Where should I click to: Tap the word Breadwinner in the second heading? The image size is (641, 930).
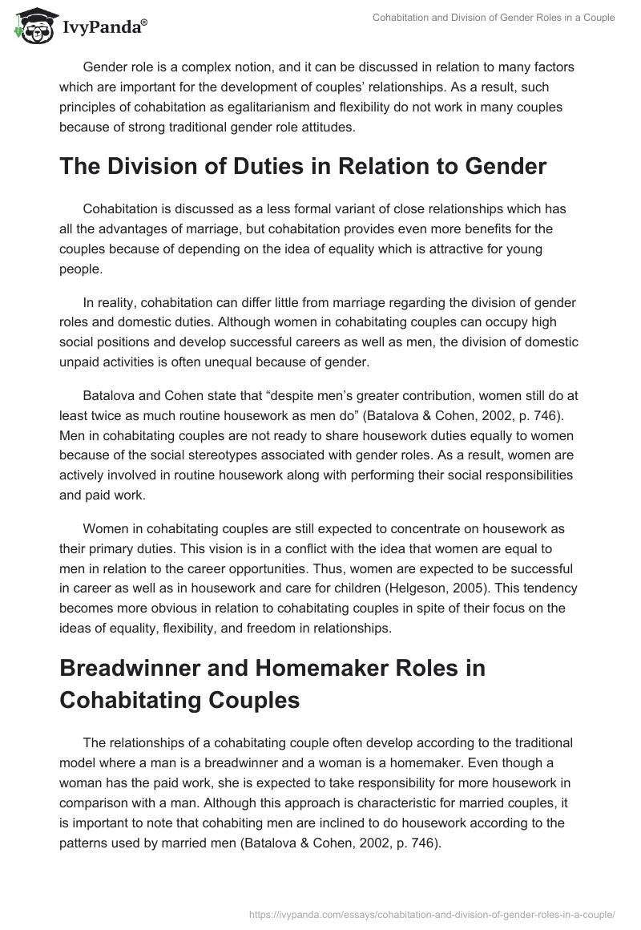(x=127, y=668)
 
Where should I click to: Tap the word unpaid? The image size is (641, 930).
(x=83, y=362)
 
